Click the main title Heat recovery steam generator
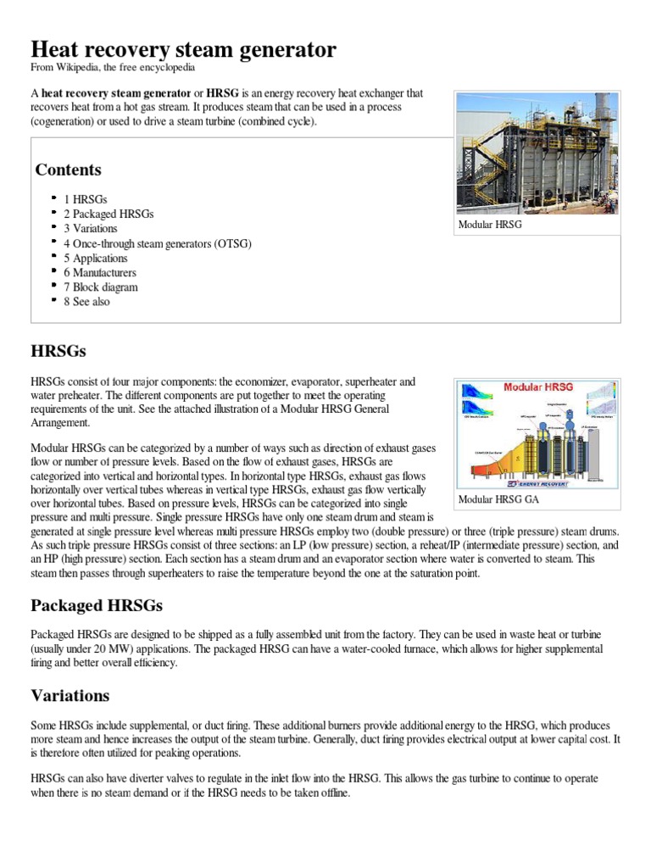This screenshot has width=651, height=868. [x=183, y=50]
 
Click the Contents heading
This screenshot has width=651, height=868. [x=68, y=170]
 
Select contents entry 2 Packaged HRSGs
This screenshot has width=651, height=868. [x=108, y=214]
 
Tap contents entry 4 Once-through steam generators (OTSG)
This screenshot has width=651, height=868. [x=157, y=243]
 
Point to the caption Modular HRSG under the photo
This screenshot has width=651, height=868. [x=490, y=225]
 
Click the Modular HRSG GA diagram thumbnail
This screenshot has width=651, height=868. [x=537, y=434]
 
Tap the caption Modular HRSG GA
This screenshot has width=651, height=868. [x=498, y=499]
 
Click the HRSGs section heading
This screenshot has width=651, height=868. [x=58, y=350]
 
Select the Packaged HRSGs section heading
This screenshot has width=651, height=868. [x=97, y=606]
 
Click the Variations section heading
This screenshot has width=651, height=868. [x=70, y=696]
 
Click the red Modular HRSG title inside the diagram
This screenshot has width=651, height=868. [x=538, y=387]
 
